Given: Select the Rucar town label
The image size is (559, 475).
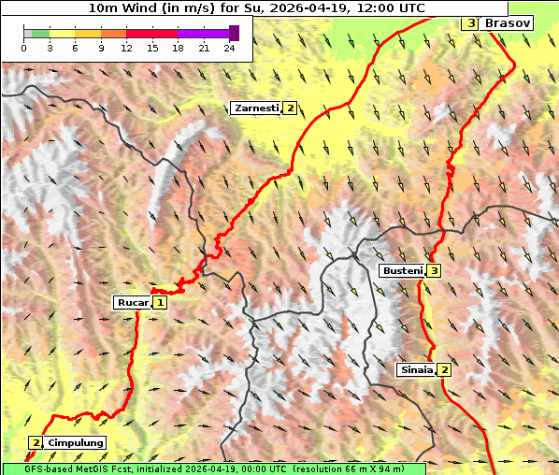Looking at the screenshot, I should (x=132, y=302).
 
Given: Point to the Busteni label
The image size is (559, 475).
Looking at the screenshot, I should (x=402, y=270).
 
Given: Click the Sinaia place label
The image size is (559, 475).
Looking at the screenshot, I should (x=416, y=369).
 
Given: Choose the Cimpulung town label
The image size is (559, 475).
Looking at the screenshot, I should (x=75, y=442).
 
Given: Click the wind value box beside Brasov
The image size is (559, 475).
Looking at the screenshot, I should (x=471, y=22).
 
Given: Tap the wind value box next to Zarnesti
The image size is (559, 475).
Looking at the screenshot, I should (x=291, y=108).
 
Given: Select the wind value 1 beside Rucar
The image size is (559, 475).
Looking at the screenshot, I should (x=161, y=302).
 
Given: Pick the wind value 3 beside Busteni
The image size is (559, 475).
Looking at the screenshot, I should (x=435, y=270).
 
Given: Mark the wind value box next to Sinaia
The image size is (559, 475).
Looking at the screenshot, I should (x=445, y=369).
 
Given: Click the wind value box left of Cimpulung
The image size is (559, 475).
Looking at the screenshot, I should (x=36, y=442).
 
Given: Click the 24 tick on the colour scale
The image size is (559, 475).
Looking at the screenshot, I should (x=230, y=48).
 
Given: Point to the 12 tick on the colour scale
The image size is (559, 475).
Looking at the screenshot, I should (x=126, y=48).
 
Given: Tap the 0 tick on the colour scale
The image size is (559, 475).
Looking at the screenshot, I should (x=23, y=48).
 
